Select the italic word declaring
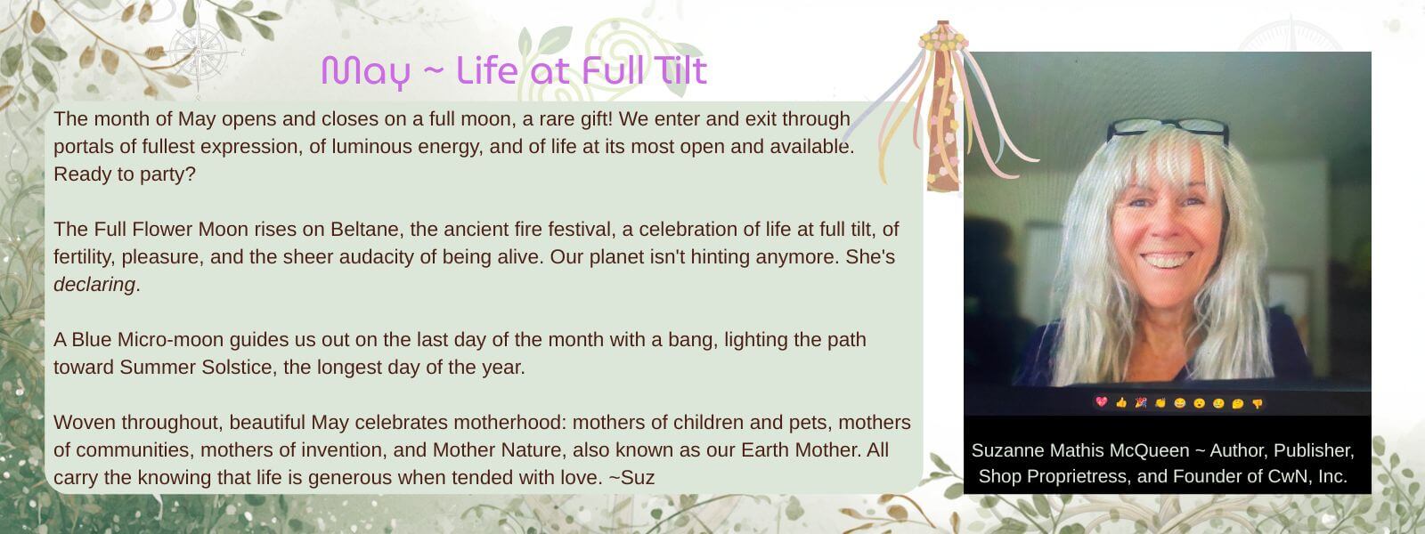(x=94, y=284)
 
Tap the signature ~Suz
(x=631, y=477)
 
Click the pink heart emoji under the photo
(x=1102, y=401)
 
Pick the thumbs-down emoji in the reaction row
(x=1257, y=403)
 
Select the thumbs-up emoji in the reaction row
(x=1121, y=402)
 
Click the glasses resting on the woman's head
(x=1168, y=130)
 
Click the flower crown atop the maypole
(x=943, y=39)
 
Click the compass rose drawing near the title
(x=199, y=53)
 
